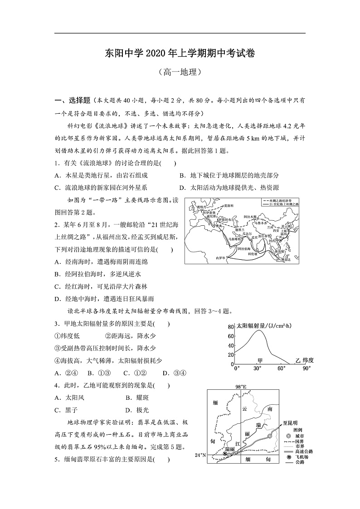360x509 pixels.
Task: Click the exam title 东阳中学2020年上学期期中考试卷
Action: pos(180,53)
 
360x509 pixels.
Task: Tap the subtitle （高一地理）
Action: pos(180,72)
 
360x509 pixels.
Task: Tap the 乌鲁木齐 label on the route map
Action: pos(260,223)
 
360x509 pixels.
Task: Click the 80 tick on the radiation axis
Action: pos(230,327)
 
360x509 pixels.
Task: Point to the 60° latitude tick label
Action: pos(281,368)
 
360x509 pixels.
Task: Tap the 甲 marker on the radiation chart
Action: pos(260,360)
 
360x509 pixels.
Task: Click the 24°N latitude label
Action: pos(200,455)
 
